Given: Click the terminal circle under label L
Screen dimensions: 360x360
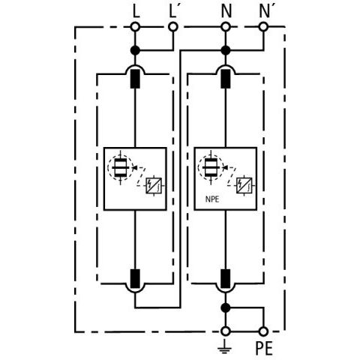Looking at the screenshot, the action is (135, 26).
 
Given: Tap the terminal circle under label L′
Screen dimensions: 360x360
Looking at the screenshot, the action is (173, 26).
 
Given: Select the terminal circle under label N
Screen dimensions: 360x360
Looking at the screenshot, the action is (226, 26).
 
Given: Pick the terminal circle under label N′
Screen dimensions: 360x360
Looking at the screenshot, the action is (263, 26).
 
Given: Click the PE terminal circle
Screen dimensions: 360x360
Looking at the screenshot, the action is (263, 331).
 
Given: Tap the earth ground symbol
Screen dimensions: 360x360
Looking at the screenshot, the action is (225, 348).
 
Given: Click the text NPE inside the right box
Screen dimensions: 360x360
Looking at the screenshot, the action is (212, 199).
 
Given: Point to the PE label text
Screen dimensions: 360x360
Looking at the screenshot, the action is (264, 348).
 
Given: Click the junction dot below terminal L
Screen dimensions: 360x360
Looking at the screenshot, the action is (135, 50).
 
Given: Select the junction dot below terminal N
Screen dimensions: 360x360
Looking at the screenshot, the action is (226, 50).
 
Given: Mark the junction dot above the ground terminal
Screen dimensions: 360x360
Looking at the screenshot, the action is (226, 307).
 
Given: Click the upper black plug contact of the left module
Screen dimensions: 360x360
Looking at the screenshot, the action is (135, 79).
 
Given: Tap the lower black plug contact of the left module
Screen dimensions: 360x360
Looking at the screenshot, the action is (135, 279).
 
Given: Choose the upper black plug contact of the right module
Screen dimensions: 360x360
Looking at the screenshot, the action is (226, 79).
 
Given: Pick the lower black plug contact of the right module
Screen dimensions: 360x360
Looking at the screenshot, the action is (226, 279).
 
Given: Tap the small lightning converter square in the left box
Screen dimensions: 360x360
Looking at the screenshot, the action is (154, 186).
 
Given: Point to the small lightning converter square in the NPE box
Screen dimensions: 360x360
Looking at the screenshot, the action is (244, 186).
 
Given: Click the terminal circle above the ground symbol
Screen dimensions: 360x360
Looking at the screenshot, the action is (226, 331).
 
